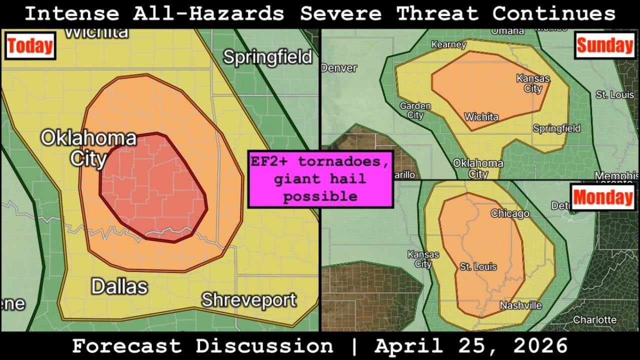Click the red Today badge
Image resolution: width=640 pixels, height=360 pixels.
[30, 46]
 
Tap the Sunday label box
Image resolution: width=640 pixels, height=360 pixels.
[605, 45]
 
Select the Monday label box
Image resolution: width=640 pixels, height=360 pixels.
[602, 197]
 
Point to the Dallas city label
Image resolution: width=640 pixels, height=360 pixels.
[119, 287]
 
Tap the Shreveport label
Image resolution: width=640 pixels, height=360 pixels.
[248, 300]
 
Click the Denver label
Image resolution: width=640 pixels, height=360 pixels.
[339, 68]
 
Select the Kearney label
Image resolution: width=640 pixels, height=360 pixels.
[448, 44]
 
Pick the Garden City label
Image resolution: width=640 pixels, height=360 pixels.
[415, 110]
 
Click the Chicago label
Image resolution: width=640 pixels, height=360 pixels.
[510, 213]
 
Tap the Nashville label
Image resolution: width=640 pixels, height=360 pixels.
[520, 305]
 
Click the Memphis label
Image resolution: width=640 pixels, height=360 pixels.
[616, 175]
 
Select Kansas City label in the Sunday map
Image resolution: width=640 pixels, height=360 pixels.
[533, 83]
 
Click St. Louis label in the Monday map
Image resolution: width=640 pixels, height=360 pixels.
[478, 266]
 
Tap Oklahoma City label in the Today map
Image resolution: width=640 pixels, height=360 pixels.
[88, 148]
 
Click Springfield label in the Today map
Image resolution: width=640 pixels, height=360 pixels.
[267, 57]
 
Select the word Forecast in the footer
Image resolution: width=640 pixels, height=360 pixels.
[128, 346]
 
